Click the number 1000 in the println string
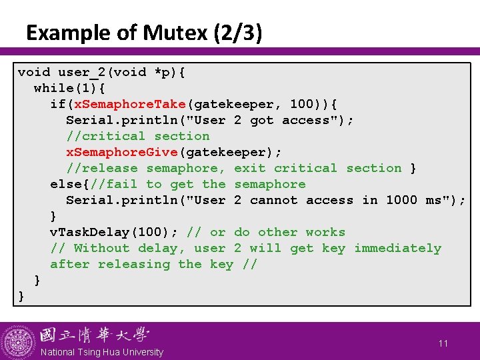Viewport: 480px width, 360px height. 402,200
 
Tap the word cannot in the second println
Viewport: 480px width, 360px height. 274,200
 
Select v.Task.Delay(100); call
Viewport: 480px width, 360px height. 114,232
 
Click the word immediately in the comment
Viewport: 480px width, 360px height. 397,248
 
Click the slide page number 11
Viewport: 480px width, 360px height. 443,343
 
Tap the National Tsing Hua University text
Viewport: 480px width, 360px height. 101,352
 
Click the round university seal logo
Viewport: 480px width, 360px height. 18,341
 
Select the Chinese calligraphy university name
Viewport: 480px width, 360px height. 94,335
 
